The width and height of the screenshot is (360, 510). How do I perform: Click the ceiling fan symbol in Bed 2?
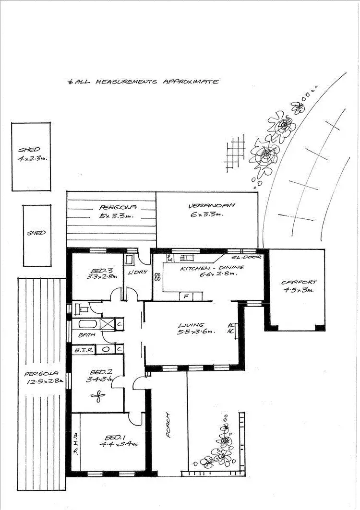click(x=98, y=396)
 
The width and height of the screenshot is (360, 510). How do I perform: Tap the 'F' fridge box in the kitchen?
click(x=185, y=296)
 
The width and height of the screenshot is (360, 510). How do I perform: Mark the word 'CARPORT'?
click(x=296, y=282)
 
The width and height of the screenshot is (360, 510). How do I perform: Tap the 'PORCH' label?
click(x=168, y=425)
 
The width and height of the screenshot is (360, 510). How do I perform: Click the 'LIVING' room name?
click(x=191, y=325)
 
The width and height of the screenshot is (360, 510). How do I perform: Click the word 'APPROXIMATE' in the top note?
click(x=191, y=82)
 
